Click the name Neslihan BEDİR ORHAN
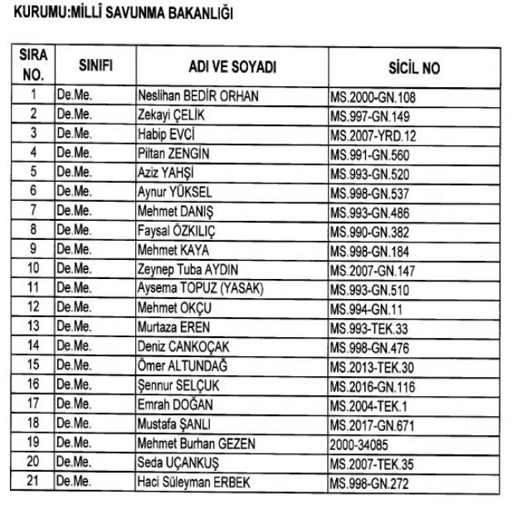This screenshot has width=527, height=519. pyautogui.click(x=198, y=96)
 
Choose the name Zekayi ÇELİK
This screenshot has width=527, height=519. pyautogui.click(x=170, y=115)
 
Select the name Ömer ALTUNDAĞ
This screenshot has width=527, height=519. pyautogui.click(x=188, y=366)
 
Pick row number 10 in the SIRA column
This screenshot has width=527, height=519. pyautogui.click(x=33, y=269)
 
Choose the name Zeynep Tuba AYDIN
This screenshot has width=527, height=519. pyautogui.click(x=193, y=270)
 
